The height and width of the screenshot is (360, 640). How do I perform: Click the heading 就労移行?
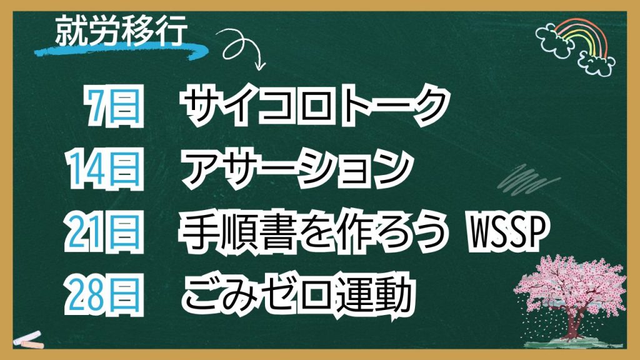pyautogui.click(x=121, y=31)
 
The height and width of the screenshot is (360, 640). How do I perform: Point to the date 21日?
pyautogui.click(x=105, y=232)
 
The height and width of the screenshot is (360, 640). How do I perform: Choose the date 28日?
pyautogui.click(x=105, y=295)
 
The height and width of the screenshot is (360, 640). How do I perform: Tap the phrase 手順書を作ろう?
pyautogui.click(x=312, y=232)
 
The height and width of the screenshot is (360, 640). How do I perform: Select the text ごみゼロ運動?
pyautogui.click(x=297, y=295)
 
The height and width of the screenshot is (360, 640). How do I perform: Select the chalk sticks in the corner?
pyautogui.click(x=29, y=339)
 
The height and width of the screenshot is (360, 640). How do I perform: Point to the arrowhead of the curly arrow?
pyautogui.click(x=259, y=65)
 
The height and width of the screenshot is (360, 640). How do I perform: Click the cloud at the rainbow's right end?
pyautogui.click(x=597, y=64)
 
